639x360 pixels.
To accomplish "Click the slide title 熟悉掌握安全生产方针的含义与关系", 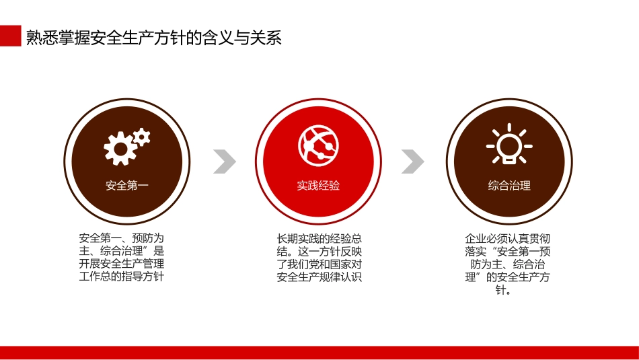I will (x=153, y=37).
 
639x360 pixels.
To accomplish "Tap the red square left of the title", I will (x=10, y=36).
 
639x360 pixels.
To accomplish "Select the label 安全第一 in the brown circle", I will (x=126, y=186).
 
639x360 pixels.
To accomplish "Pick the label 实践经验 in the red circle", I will (x=318, y=186).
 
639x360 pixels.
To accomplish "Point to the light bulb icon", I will (x=509, y=144).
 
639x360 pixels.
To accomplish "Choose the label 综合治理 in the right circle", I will (x=509, y=186).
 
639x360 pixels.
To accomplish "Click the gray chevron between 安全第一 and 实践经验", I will (x=225, y=161).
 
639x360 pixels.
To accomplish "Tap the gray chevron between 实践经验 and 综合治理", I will (x=413, y=161).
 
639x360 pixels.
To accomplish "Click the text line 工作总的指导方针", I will (x=122, y=277).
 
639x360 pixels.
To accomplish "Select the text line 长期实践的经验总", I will (x=319, y=238).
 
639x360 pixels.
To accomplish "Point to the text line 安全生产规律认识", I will (x=319, y=277).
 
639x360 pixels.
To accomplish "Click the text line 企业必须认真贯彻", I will (x=508, y=238).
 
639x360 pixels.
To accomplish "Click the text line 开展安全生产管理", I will (x=122, y=264).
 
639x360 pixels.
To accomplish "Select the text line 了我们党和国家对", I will (x=319, y=264).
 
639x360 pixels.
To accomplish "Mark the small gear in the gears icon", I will (x=141, y=137).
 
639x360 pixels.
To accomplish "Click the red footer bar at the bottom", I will (x=319, y=353).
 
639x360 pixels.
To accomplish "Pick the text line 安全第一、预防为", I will (x=122, y=238).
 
